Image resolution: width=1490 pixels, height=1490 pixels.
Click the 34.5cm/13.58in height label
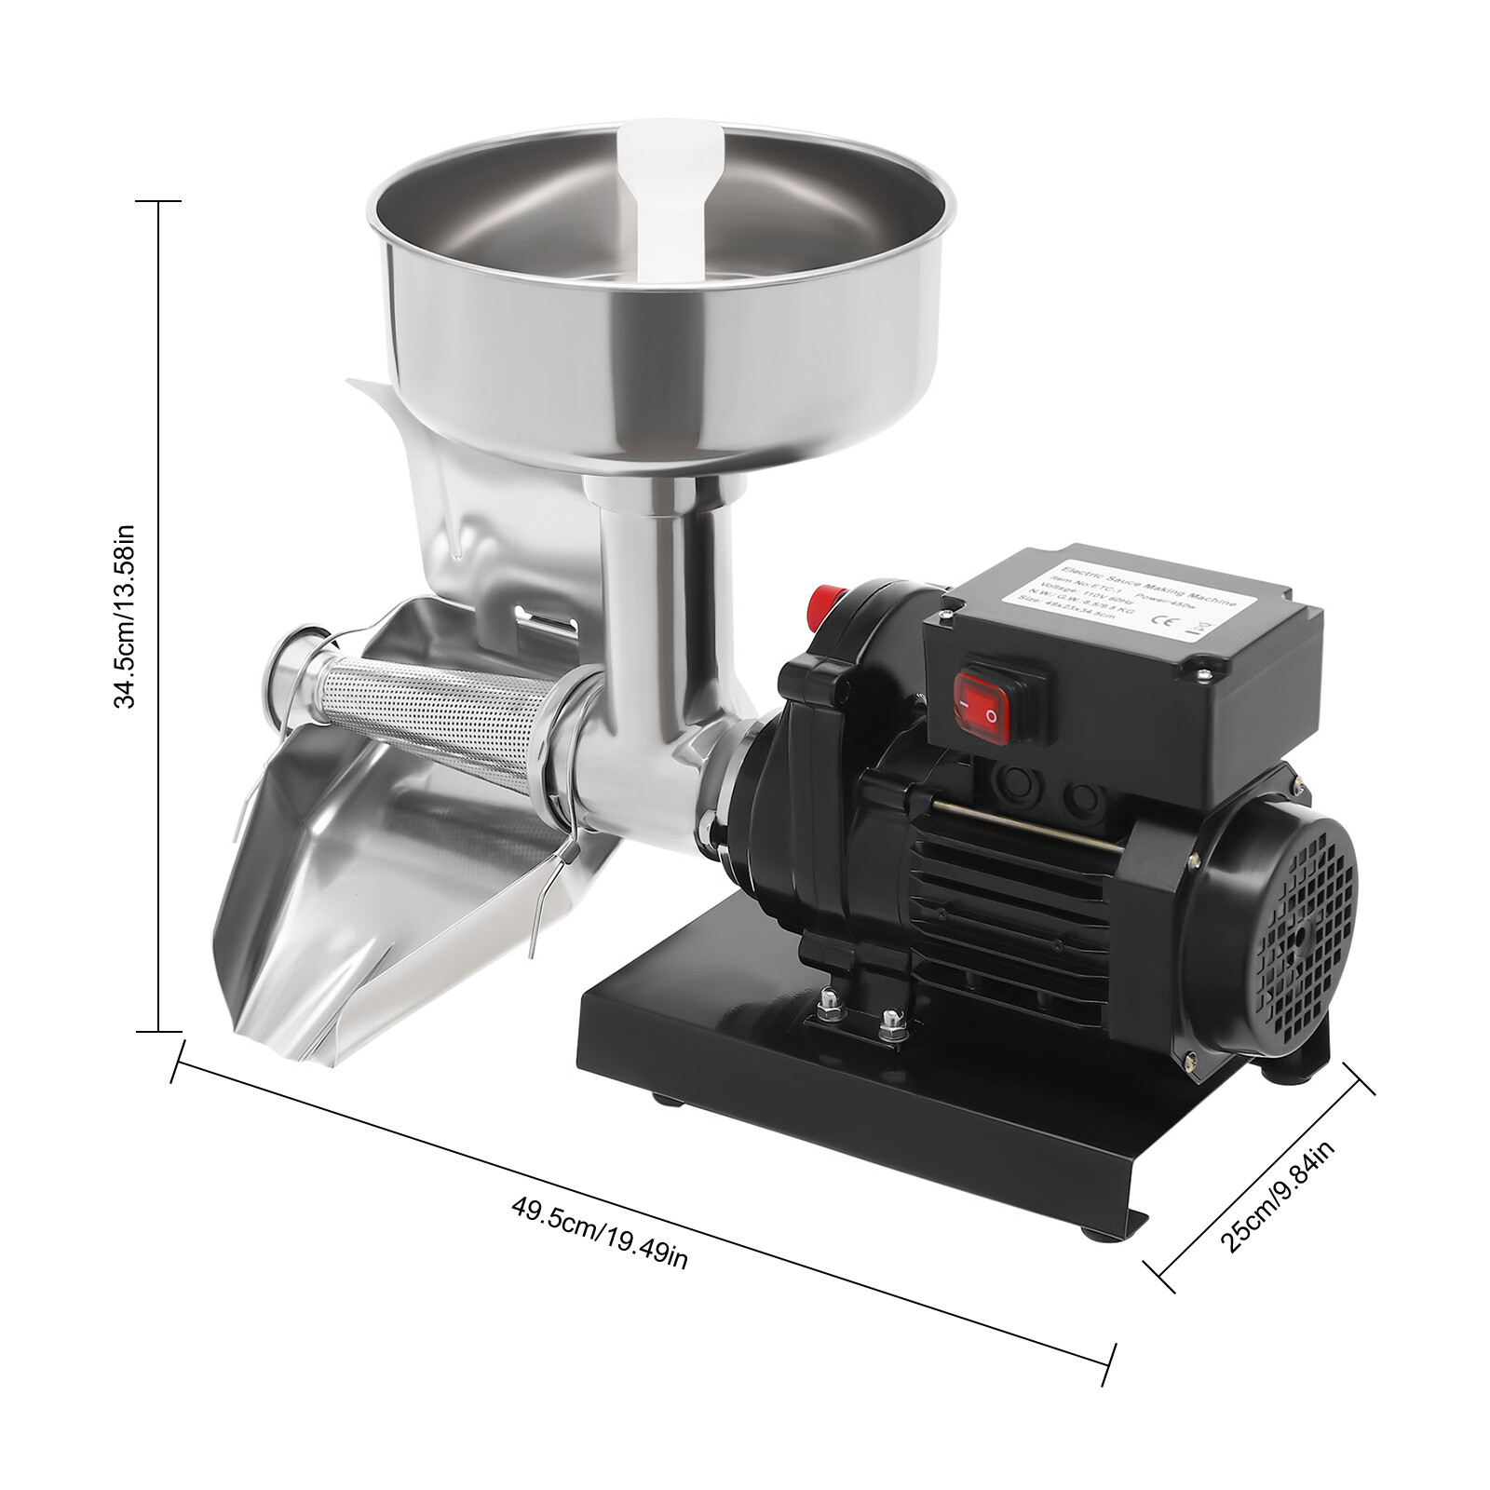point(126,616)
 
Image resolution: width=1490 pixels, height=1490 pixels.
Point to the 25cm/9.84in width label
point(1277,1197)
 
